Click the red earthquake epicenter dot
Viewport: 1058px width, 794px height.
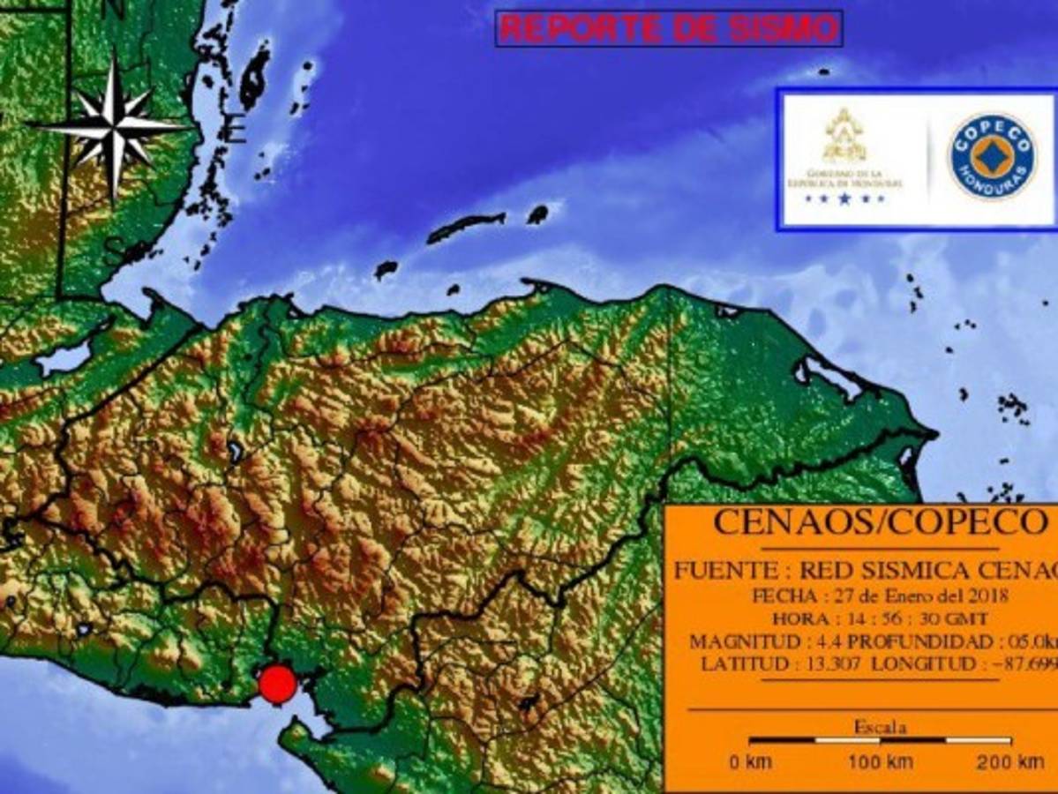coord(278,685)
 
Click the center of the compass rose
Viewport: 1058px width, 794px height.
coord(113,126)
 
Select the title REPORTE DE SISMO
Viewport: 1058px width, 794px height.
coord(668,29)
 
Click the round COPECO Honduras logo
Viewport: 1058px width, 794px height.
coord(993,155)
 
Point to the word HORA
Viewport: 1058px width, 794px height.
coord(799,618)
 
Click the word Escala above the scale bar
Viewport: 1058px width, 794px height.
coord(880,728)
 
